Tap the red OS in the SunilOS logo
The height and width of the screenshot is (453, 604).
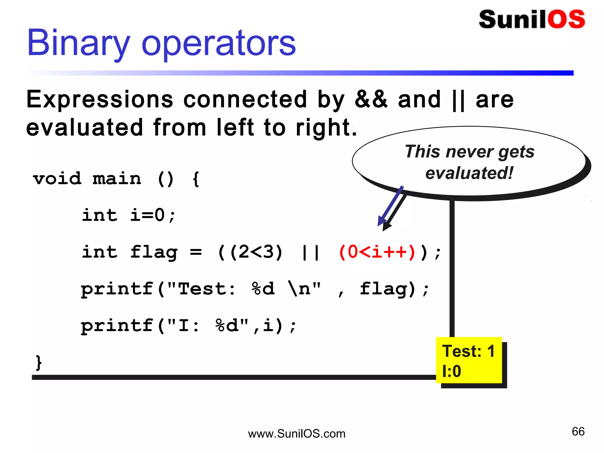coord(566,19)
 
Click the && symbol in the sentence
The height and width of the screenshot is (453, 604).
coord(371,100)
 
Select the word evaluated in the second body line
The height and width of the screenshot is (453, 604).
coord(85,127)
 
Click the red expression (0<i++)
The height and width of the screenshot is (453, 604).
coord(377,252)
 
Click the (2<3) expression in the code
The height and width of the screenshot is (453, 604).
coord(256,252)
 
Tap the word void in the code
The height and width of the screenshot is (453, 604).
coord(57,179)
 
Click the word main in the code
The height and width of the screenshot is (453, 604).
coord(117,179)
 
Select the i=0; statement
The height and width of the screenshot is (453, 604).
coord(153,215)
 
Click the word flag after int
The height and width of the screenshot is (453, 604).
coord(154,252)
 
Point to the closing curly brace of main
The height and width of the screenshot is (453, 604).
coord(39,362)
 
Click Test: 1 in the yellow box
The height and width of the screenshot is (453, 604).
coord(468,351)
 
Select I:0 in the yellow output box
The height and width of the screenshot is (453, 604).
coord(452,371)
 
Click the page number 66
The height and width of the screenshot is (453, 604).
coord(578,432)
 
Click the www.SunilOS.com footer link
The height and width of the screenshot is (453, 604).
coord(296,434)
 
